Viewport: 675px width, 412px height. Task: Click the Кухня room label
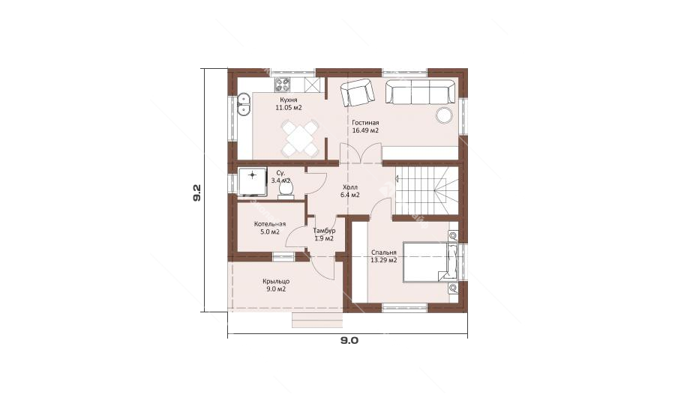[288, 100]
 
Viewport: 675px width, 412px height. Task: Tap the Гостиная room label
[365, 123]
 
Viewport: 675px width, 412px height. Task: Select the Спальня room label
[383, 253]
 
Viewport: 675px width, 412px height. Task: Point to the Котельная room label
[270, 224]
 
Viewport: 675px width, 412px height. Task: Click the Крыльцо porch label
[276, 282]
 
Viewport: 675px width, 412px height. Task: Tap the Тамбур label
[324, 231]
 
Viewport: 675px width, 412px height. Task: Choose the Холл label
[350, 187]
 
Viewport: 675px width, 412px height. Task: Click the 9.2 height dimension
[196, 193]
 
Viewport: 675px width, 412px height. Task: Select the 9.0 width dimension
[349, 341]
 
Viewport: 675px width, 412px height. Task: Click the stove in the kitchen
[283, 85]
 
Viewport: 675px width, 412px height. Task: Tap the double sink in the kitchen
[244, 105]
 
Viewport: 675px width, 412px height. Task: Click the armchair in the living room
[357, 93]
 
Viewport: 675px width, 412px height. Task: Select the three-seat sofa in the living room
[420, 91]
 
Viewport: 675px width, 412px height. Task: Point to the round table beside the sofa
[443, 115]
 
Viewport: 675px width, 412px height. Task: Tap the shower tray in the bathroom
[252, 183]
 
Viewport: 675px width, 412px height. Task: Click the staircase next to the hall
[426, 191]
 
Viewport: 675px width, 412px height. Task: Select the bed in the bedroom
[430, 261]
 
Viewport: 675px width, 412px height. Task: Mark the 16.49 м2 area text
[365, 130]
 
